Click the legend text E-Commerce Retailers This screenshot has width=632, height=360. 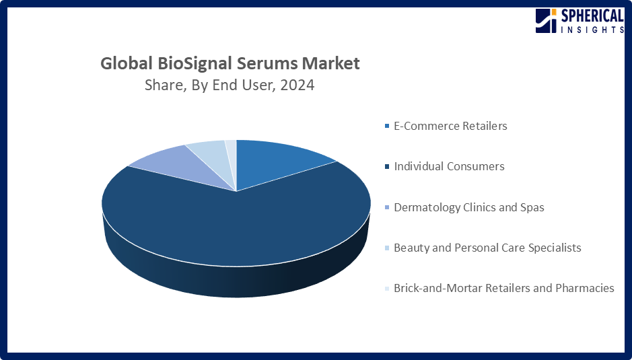tap(450, 126)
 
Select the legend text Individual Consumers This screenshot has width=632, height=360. tap(449, 166)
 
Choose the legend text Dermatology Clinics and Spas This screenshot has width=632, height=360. tap(468, 207)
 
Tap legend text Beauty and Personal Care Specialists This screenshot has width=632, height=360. tap(487, 248)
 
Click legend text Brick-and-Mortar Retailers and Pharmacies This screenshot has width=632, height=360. tap(503, 288)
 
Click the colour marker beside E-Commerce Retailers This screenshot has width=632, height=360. tap(386, 127)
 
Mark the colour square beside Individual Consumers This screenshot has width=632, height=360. tap(386, 167)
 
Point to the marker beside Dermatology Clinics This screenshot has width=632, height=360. tap(386, 208)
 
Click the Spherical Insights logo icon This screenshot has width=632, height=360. tap(545, 21)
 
